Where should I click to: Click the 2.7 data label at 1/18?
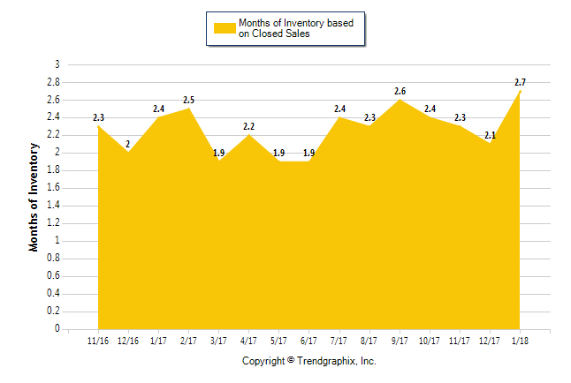tap(520, 82)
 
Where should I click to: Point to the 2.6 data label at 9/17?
tap(400, 91)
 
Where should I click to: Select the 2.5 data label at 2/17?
tap(188, 100)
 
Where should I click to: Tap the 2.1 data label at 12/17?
tap(490, 135)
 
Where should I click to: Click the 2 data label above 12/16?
tap(128, 144)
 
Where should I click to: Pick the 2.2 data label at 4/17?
tap(248, 126)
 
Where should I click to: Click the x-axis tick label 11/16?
tap(98, 342)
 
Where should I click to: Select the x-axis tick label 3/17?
tap(218, 342)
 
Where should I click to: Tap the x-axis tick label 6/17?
tap(308, 342)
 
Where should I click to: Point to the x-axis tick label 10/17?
tap(429, 342)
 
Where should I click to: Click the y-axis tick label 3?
tap(57, 64)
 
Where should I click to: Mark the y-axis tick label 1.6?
tap(54, 188)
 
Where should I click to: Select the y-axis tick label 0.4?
tap(54, 294)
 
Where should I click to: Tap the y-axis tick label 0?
tap(57, 329)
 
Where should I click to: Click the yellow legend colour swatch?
tap(225, 27)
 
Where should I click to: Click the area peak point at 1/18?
tap(520, 91)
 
